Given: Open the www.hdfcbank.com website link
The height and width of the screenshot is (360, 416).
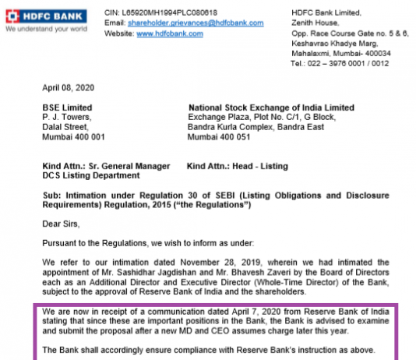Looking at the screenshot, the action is [x=160, y=34].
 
